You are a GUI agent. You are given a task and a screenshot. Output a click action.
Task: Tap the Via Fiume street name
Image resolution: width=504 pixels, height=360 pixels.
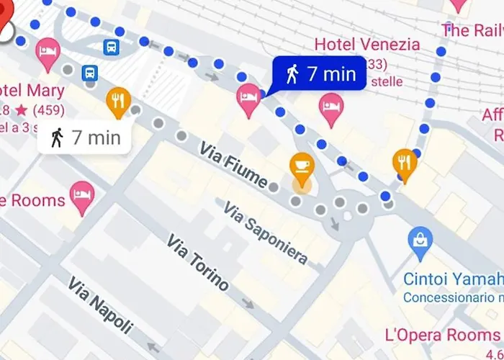click(234, 166)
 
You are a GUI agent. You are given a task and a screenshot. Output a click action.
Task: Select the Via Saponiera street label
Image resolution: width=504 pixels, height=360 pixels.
click(265, 233)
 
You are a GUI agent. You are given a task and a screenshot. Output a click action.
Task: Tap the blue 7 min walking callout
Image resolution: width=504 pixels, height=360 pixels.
click(315, 74)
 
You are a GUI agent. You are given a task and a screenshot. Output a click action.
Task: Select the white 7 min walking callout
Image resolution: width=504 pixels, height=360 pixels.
click(84, 137)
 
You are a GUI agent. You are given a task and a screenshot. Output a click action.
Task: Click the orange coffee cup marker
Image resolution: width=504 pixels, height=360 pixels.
click(302, 166)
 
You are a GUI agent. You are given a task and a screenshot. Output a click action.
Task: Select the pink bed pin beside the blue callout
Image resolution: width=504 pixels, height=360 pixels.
click(248, 97)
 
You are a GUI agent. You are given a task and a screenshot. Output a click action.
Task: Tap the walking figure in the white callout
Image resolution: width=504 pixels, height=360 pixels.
click(57, 137)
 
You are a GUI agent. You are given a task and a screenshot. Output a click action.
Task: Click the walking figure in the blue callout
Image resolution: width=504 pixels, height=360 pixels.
click(292, 74)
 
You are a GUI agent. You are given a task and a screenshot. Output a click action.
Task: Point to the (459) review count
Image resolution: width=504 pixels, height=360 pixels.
click(48, 110)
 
